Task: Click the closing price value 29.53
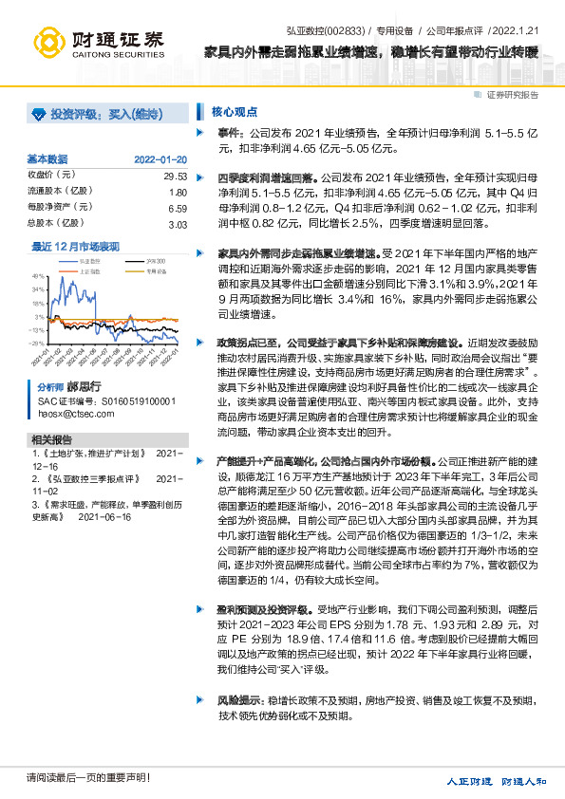click(x=175, y=176)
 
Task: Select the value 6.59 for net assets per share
click(x=177, y=208)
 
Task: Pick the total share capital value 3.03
click(x=177, y=224)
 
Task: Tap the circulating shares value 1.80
click(x=177, y=192)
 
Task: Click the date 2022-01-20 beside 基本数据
click(x=160, y=158)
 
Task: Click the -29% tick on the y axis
click(x=38, y=344)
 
